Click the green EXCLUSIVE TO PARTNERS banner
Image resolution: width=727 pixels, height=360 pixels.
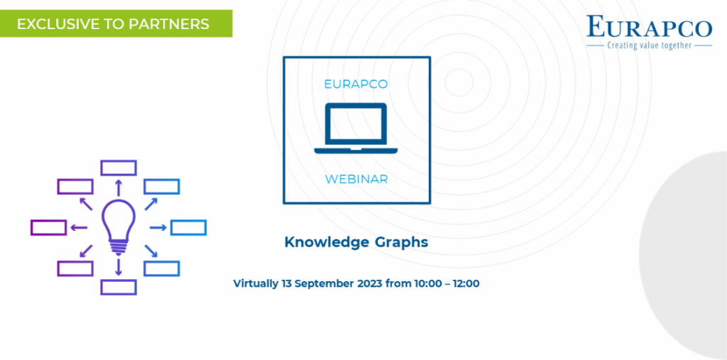[116, 23]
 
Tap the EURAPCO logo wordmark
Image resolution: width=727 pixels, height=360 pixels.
[649, 27]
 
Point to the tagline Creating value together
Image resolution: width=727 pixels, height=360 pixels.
[650, 45]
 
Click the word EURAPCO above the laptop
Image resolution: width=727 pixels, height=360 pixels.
[356, 84]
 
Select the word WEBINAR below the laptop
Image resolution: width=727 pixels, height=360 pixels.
[356, 179]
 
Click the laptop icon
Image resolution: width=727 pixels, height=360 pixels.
[356, 128]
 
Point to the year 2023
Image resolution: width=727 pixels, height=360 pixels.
[370, 283]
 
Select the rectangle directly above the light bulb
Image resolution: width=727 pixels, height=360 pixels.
[119, 168]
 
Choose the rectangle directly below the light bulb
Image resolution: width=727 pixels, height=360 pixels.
[119, 287]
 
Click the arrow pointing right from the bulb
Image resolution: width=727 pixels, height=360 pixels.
[158, 227]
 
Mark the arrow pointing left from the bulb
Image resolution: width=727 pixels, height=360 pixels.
[79, 227]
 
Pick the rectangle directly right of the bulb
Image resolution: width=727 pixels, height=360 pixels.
[188, 227]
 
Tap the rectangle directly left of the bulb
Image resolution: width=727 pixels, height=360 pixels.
[49, 227]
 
